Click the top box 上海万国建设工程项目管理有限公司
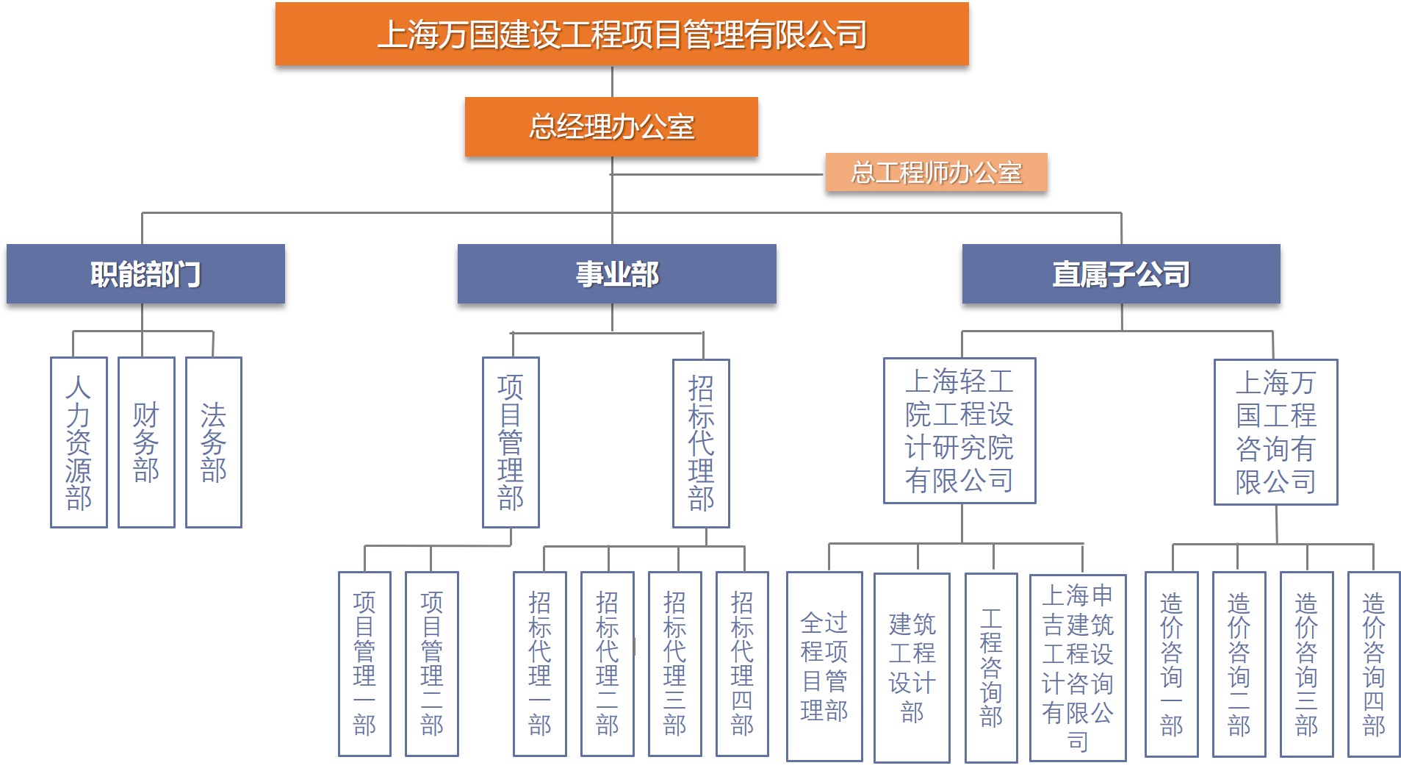click(x=622, y=34)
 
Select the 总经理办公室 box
click(x=611, y=126)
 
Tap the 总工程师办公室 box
click(x=936, y=172)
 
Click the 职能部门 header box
click(x=145, y=273)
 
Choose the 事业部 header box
click(x=617, y=273)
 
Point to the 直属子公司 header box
click(x=1121, y=273)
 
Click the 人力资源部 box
click(x=79, y=442)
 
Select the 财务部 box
click(x=146, y=442)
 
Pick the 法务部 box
click(x=214, y=442)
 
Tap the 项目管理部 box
click(x=511, y=442)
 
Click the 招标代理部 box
click(x=701, y=443)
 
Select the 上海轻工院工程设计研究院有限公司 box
click(x=959, y=431)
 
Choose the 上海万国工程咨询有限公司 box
click(x=1275, y=432)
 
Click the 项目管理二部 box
click(x=432, y=664)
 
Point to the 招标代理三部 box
click(x=675, y=664)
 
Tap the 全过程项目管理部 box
click(x=824, y=667)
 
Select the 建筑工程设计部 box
click(x=912, y=668)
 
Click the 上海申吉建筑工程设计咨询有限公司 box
click(x=1078, y=668)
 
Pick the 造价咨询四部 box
click(x=1374, y=664)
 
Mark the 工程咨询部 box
click(x=991, y=668)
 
